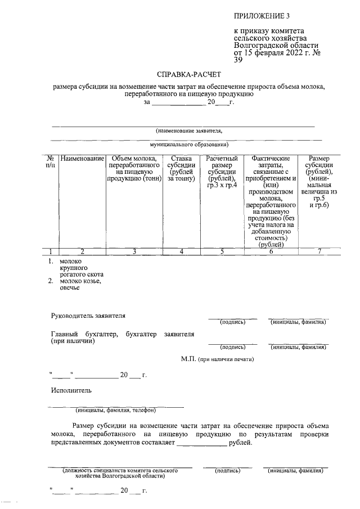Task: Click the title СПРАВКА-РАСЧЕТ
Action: tap(190, 74)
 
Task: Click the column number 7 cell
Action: tap(319, 251)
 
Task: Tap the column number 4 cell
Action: tap(182, 251)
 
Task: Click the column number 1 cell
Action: tap(50, 251)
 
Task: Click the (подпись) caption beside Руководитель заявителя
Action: tap(232, 322)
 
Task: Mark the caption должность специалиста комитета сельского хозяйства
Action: tap(120, 471)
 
